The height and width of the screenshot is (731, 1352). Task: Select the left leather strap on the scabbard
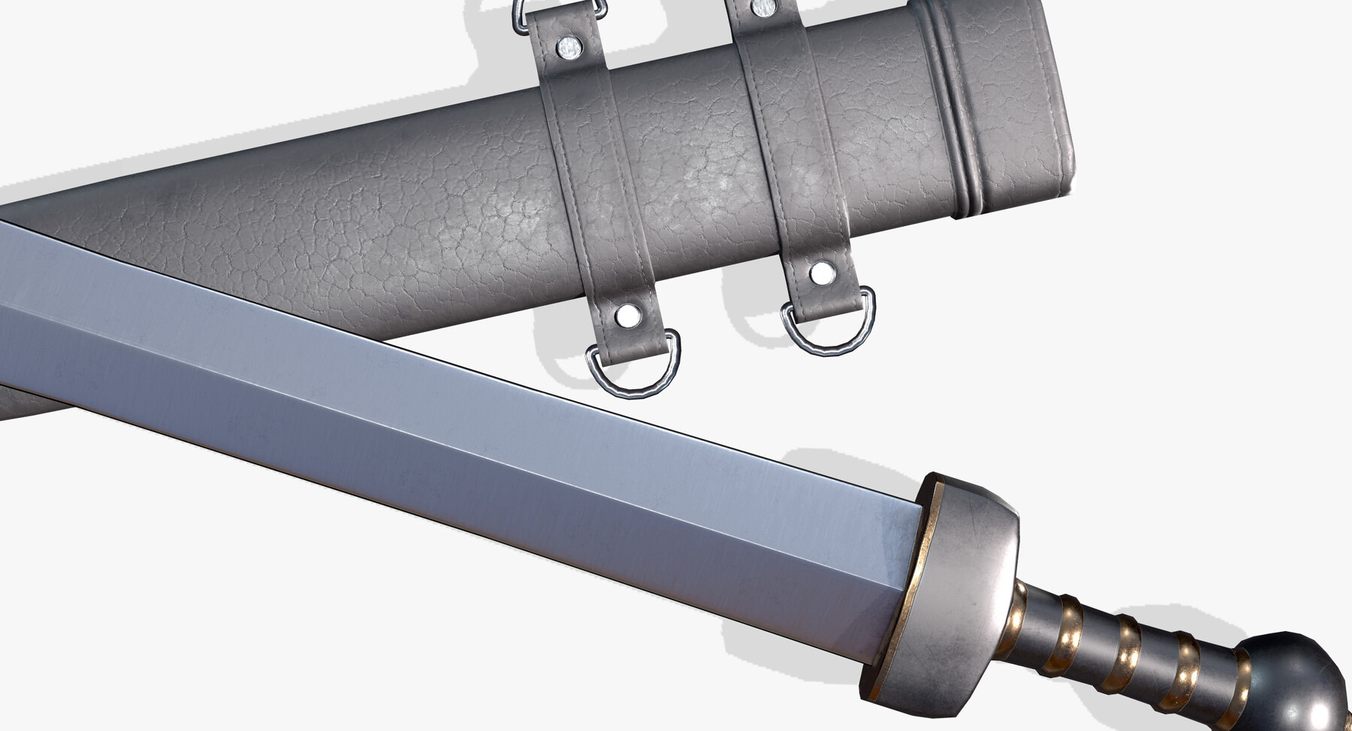pyautogui.click(x=593, y=188)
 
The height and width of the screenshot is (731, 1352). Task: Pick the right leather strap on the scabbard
pyautogui.click(x=792, y=150)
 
